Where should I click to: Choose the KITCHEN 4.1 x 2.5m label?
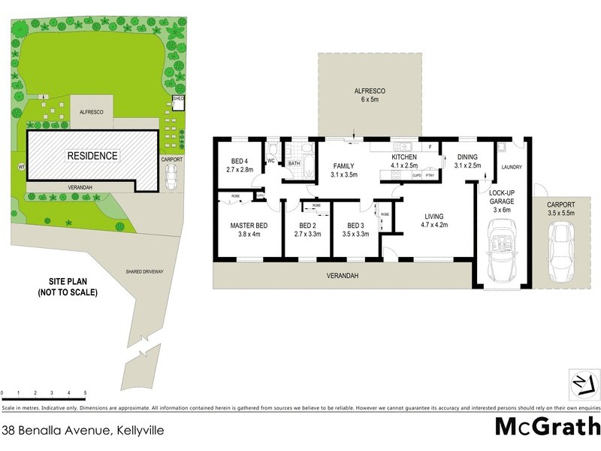tap(404, 161)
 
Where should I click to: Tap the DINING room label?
tap(461, 161)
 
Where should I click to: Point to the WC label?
tap(270, 161)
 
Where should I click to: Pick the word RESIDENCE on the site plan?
tap(93, 156)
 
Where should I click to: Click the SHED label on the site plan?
tap(178, 98)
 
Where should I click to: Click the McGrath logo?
tap(545, 427)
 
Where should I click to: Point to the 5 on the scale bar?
tap(85, 393)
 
